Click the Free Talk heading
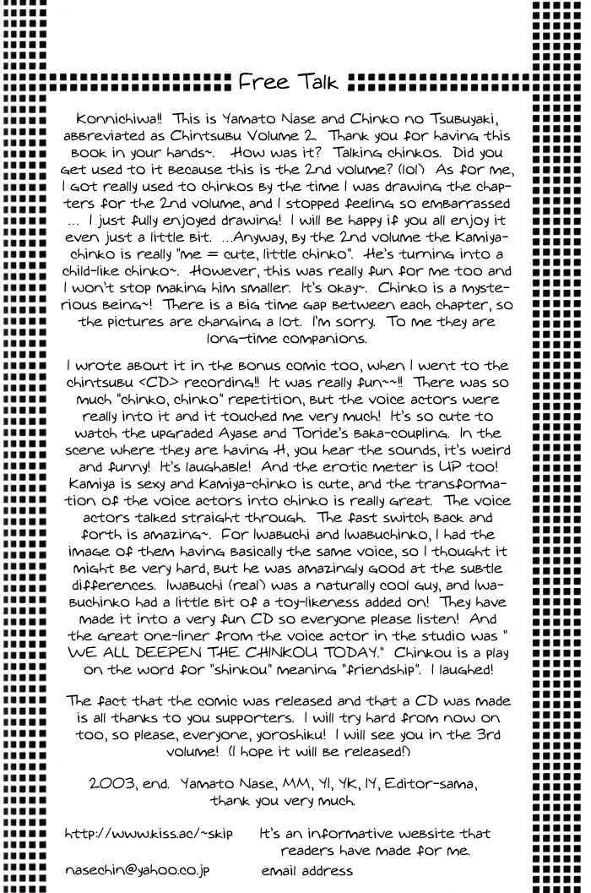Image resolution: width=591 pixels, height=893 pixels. coord(289,83)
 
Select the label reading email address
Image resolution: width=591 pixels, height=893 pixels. coord(306,869)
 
